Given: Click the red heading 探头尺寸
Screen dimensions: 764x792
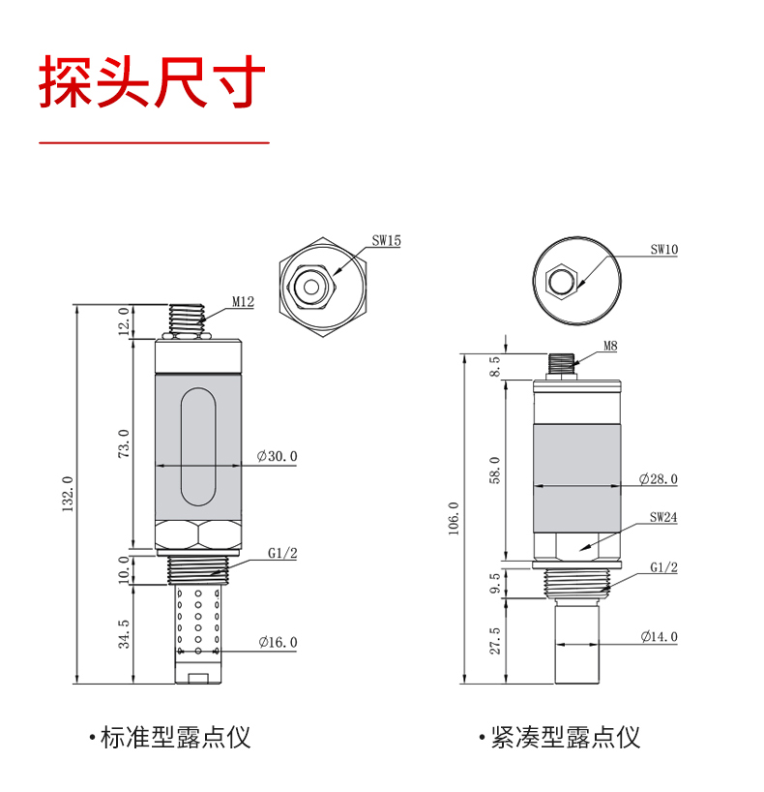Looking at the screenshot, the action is (x=152, y=82).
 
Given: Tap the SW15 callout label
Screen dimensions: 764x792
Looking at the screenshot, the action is (x=387, y=241).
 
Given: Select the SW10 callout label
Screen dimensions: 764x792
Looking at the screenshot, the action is (x=664, y=250).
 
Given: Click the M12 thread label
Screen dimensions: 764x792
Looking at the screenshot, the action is (x=244, y=302).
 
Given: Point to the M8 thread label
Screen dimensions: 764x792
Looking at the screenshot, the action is (x=610, y=346).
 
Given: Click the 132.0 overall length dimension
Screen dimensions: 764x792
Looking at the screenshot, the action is (x=68, y=494).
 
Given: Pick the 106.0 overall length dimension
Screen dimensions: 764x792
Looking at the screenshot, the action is (x=454, y=518).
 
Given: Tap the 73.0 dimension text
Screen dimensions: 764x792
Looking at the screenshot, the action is (x=124, y=443).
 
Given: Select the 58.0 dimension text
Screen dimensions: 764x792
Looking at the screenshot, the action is (x=495, y=471).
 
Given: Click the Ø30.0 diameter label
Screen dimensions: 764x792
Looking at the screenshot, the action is (x=277, y=457).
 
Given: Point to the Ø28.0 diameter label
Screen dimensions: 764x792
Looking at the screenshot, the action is (x=658, y=479).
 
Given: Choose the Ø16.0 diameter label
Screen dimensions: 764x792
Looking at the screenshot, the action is (x=279, y=643).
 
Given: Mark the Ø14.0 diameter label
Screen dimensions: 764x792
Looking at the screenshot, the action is (x=659, y=637).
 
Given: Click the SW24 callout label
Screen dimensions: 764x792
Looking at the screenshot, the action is (x=663, y=517).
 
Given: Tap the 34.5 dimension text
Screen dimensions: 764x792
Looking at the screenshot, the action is (x=124, y=634).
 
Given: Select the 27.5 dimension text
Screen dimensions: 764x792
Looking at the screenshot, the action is (x=495, y=641).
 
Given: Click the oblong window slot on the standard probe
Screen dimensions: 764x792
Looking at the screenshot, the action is (x=198, y=447).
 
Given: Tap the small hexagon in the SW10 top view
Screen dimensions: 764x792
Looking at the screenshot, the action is (x=561, y=281).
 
